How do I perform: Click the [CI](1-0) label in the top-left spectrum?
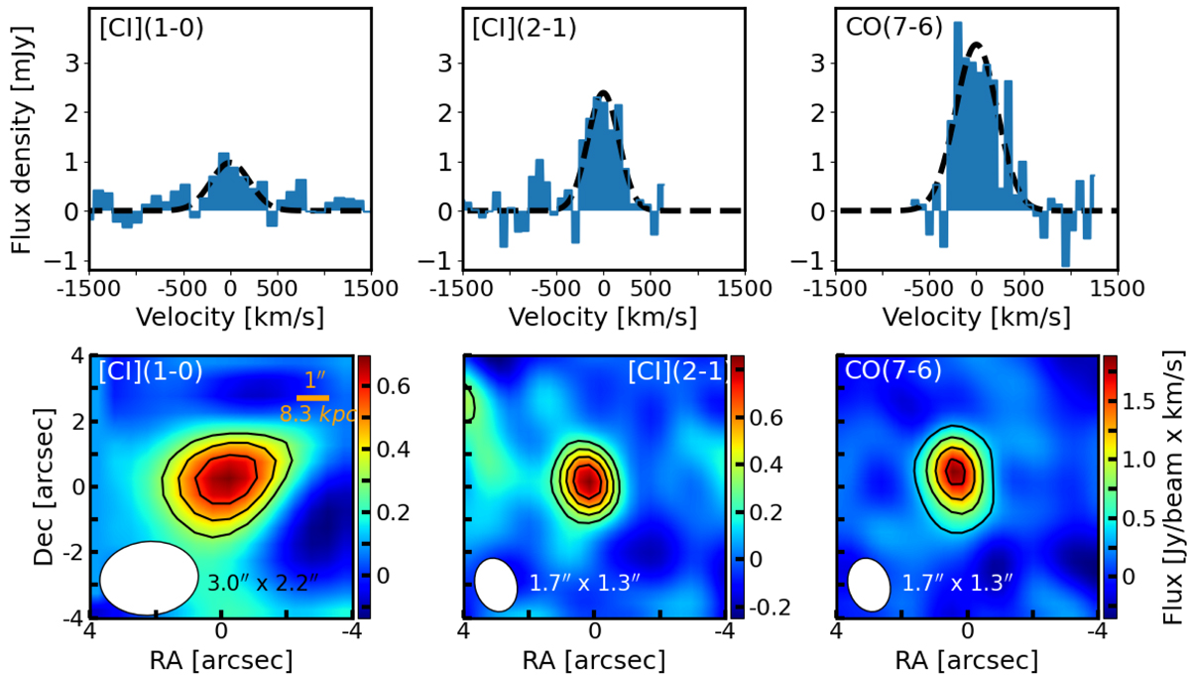click(150, 30)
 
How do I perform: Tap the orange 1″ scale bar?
click(312, 398)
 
